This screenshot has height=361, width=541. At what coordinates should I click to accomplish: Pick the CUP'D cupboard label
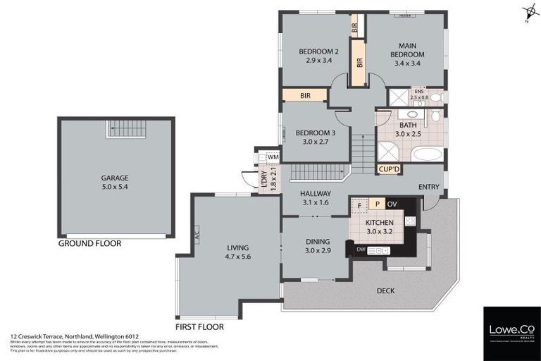tap(389, 169)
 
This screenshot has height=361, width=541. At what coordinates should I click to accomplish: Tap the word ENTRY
tap(428, 186)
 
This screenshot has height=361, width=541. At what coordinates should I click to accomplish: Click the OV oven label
tap(392, 204)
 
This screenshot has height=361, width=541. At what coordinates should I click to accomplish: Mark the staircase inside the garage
tap(125, 129)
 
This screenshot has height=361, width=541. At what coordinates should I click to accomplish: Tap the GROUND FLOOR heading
tap(89, 243)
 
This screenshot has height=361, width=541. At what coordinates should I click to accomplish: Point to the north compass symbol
tap(529, 12)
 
